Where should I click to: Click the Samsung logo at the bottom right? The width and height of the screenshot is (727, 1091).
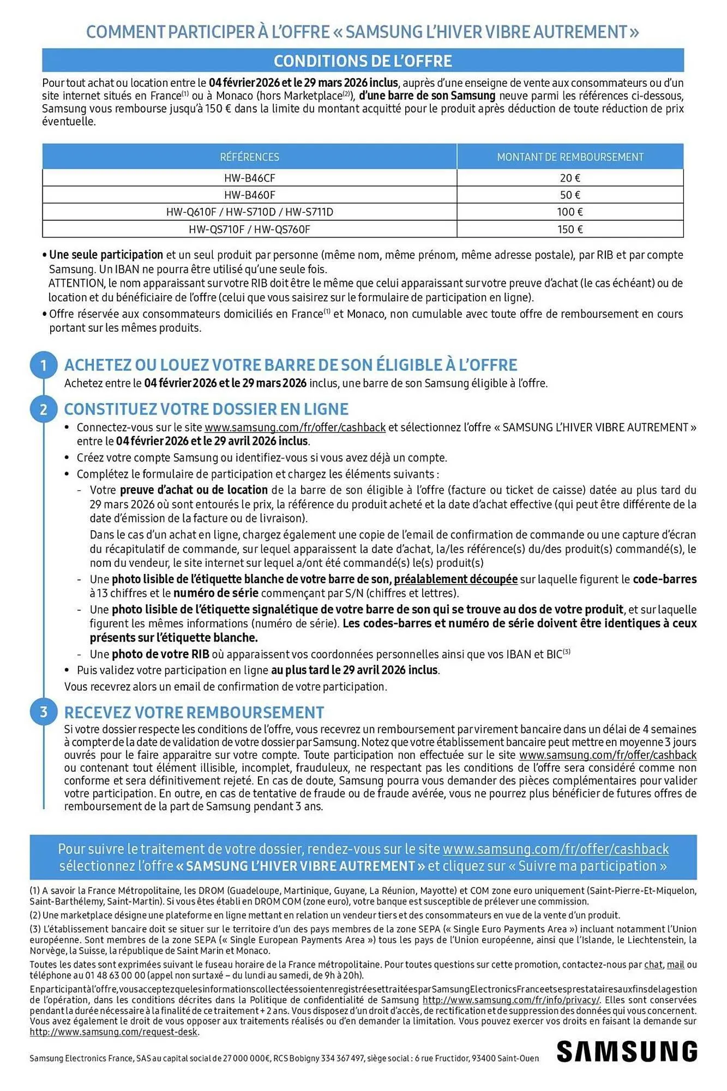pyautogui.click(x=627, y=1051)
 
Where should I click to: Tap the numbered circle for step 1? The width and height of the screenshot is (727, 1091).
pyautogui.click(x=44, y=365)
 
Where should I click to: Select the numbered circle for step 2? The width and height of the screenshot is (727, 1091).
pyautogui.click(x=44, y=409)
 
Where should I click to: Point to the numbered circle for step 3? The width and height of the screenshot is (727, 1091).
pyautogui.click(x=44, y=712)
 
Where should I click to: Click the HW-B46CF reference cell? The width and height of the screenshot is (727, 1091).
pyautogui.click(x=249, y=178)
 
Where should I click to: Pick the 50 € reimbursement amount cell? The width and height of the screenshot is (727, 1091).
pyautogui.click(x=570, y=195)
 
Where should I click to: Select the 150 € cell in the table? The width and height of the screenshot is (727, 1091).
pyautogui.click(x=570, y=229)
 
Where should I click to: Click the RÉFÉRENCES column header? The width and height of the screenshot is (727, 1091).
pyautogui.click(x=249, y=157)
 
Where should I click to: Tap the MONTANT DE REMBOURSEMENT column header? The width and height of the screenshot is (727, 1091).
pyautogui.click(x=570, y=157)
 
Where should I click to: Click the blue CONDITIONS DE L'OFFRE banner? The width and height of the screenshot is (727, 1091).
pyautogui.click(x=363, y=61)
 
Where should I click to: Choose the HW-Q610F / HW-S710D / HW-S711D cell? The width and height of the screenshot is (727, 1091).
pyautogui.click(x=249, y=212)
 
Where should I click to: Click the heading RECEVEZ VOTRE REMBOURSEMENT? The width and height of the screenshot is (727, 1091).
pyautogui.click(x=194, y=712)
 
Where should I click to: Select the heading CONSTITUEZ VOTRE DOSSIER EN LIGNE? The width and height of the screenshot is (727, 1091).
pyautogui.click(x=206, y=409)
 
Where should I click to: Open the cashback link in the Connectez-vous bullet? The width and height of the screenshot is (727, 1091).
pyautogui.click(x=295, y=428)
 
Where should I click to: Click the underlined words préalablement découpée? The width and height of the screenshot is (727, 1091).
pyautogui.click(x=455, y=579)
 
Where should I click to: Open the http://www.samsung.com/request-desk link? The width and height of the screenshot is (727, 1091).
pyautogui.click(x=114, y=1032)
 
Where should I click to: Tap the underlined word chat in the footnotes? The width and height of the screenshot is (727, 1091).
pyautogui.click(x=653, y=964)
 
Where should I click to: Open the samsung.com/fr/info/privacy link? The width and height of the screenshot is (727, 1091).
pyautogui.click(x=511, y=1000)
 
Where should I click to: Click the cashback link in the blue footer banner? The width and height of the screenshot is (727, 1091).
pyautogui.click(x=555, y=849)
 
